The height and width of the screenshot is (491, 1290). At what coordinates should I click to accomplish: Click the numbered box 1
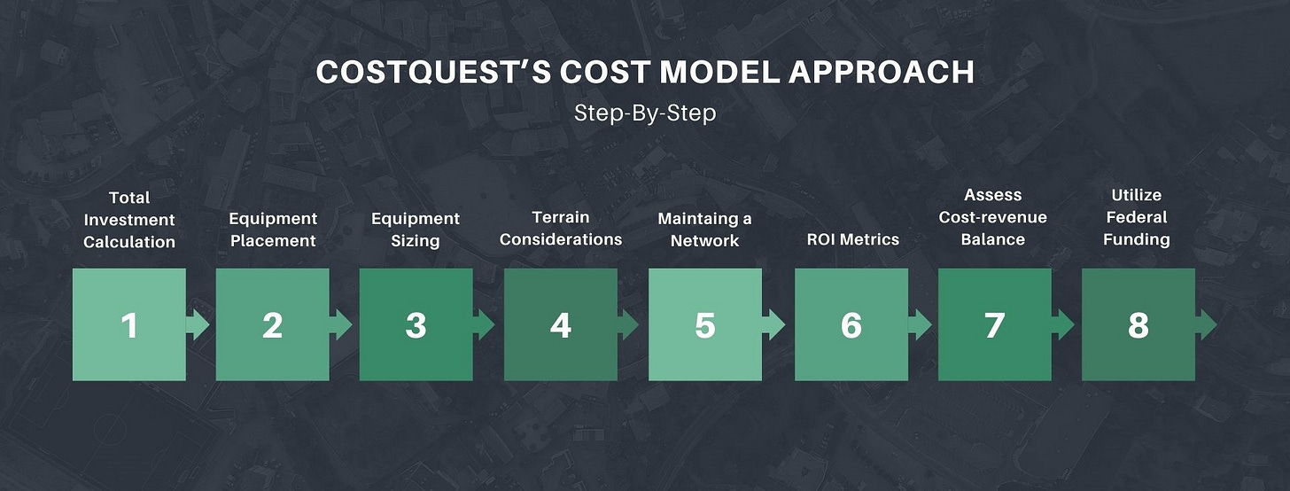pyautogui.click(x=129, y=325)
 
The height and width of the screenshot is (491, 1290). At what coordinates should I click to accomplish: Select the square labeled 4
pyautogui.click(x=560, y=325)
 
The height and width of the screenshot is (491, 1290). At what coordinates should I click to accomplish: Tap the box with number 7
pyautogui.click(x=994, y=325)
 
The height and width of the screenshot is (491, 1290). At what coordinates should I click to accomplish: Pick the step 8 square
pyautogui.click(x=1138, y=325)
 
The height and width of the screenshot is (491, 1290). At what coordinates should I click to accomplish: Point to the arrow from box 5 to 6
pyautogui.click(x=774, y=325)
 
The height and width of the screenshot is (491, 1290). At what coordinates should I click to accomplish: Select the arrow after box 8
pyautogui.click(x=1207, y=325)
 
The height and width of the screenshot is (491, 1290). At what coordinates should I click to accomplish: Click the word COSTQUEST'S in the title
pyautogui.click(x=432, y=73)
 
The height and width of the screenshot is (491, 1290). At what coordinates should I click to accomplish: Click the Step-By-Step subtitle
pyautogui.click(x=644, y=113)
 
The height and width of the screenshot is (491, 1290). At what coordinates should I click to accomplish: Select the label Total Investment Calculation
pyautogui.click(x=129, y=219)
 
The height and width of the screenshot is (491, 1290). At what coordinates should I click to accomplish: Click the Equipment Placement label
pyautogui.click(x=273, y=230)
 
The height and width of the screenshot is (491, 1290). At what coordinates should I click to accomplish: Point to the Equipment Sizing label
pyautogui.click(x=416, y=230)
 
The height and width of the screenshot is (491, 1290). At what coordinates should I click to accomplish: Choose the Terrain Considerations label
pyautogui.click(x=561, y=228)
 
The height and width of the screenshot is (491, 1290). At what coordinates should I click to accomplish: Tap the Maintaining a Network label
pyautogui.click(x=704, y=230)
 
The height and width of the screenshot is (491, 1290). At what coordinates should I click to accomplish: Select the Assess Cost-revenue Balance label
pyautogui.click(x=993, y=217)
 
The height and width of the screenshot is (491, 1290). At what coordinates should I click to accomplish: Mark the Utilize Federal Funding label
pyautogui.click(x=1137, y=217)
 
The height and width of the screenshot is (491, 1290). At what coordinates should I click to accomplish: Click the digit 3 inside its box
pyautogui.click(x=416, y=326)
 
